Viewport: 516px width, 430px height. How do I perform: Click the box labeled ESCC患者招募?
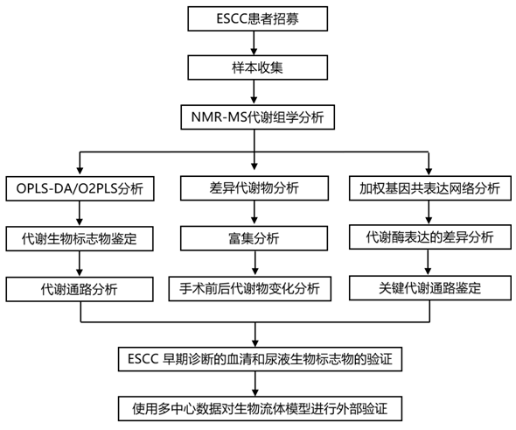[x=258, y=18]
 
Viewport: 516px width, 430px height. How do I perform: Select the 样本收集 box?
[x=258, y=67]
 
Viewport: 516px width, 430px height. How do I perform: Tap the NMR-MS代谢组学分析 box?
[x=258, y=117]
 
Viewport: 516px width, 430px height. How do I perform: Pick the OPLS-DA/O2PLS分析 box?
[x=80, y=188]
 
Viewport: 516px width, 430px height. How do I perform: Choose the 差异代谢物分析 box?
[x=255, y=188]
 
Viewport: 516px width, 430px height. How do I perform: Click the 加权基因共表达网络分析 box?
[x=430, y=188]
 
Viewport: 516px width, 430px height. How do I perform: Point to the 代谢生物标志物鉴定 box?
[x=80, y=238]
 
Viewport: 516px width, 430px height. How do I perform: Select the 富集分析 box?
[x=254, y=238]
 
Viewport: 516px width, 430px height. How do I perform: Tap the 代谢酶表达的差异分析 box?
[x=430, y=237]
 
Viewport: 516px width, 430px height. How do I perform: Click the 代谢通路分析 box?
[x=80, y=289]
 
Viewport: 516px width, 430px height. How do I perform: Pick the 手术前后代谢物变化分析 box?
[x=250, y=289]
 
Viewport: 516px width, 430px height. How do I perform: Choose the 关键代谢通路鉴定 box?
[x=430, y=288]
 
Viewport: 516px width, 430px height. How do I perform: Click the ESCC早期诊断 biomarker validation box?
[x=260, y=359]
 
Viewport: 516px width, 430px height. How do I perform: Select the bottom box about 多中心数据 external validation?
[x=260, y=409]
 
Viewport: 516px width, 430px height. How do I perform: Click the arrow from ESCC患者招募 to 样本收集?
[x=254, y=43]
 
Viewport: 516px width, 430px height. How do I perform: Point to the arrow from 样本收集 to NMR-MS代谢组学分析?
[x=254, y=92]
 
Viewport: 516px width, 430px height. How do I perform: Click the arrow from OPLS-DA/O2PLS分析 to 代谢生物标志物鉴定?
[x=80, y=214]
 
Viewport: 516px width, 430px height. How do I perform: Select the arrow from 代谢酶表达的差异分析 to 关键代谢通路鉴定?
[x=429, y=263]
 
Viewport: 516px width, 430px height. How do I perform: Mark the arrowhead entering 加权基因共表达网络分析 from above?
[x=429, y=172]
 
